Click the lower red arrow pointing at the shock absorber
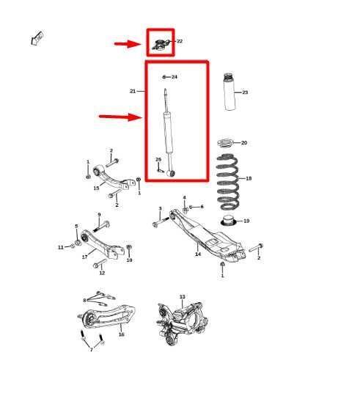[119, 116]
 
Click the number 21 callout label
[133, 92]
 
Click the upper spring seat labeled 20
[228, 142]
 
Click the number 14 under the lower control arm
[197, 254]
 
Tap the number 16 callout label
[121, 334]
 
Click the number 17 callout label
[85, 257]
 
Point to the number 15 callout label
[96, 188]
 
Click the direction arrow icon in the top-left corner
[37, 38]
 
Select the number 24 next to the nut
[175, 76]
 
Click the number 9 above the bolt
[99, 215]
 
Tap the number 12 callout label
[102, 273]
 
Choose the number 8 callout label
[84, 300]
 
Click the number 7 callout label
[91, 349]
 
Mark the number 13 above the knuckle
[182, 297]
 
